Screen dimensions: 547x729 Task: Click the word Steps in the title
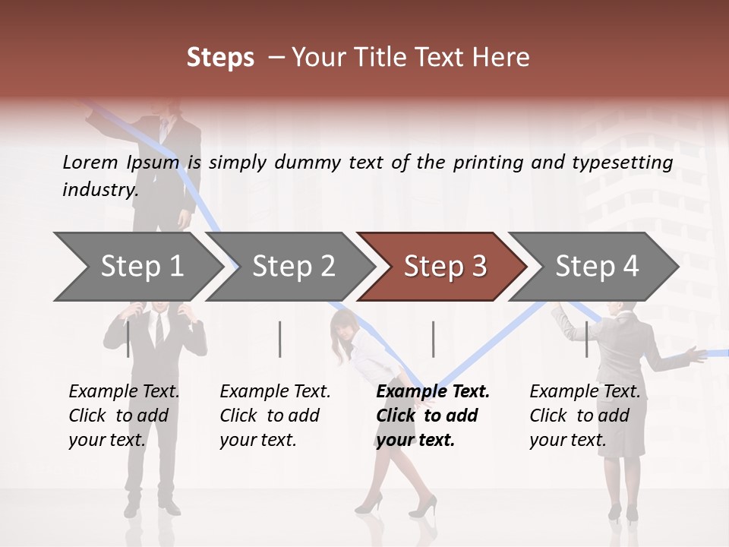click(x=220, y=58)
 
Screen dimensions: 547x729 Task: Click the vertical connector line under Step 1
click(x=128, y=339)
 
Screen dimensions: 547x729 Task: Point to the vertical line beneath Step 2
click(x=280, y=339)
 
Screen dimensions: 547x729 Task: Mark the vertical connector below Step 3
click(x=433, y=339)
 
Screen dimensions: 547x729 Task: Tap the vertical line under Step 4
click(x=586, y=339)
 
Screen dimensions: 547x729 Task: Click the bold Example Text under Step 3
click(x=433, y=416)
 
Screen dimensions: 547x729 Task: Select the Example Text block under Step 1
click(x=124, y=416)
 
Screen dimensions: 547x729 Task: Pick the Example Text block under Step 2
click(x=275, y=416)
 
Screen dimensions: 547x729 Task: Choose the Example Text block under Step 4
click(x=585, y=416)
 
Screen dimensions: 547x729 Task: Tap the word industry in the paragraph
click(x=99, y=189)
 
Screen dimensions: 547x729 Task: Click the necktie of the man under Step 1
click(x=159, y=329)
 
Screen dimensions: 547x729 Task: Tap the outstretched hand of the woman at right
click(x=693, y=353)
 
